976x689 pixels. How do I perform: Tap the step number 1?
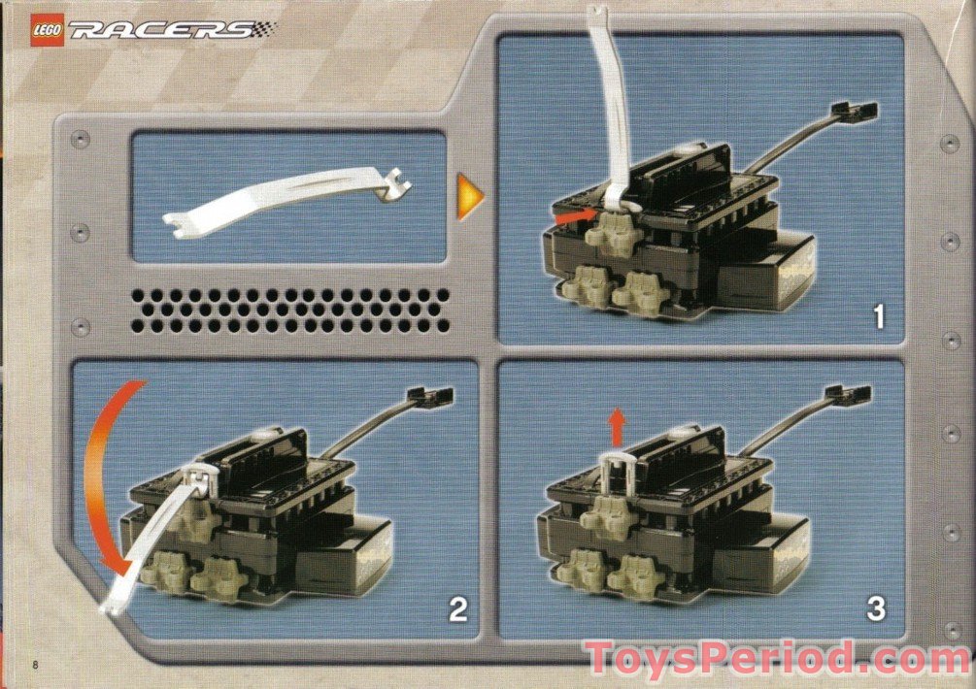(x=878, y=316)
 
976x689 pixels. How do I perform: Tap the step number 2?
(x=457, y=609)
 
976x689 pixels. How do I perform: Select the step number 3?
(x=876, y=609)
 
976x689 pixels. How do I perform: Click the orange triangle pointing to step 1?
(x=470, y=196)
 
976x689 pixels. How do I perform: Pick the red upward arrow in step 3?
(x=615, y=426)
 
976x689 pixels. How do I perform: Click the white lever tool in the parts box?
(x=286, y=198)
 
